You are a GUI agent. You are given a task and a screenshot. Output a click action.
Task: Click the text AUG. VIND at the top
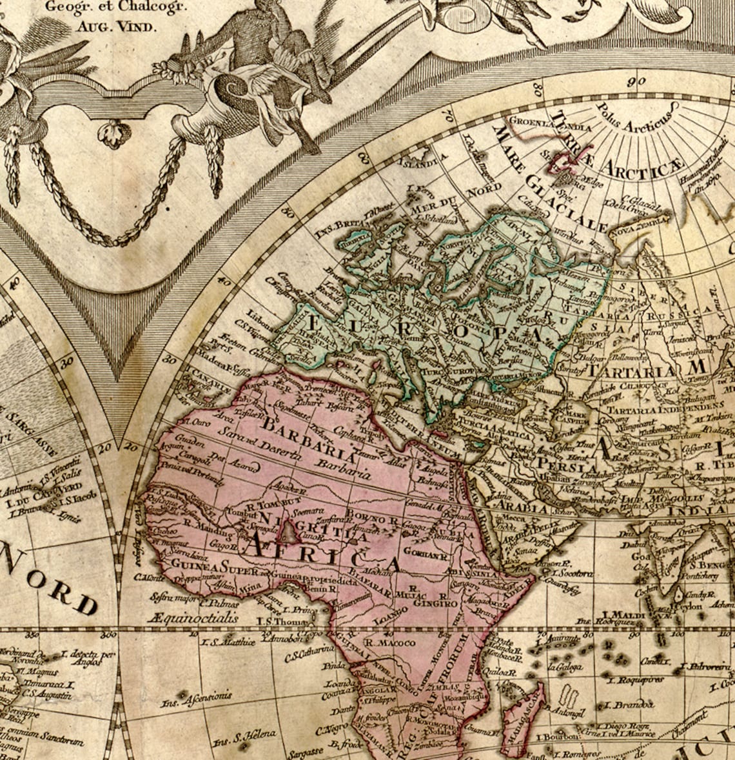pos(116,26)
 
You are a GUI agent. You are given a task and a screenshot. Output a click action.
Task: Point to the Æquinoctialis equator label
pos(192,618)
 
